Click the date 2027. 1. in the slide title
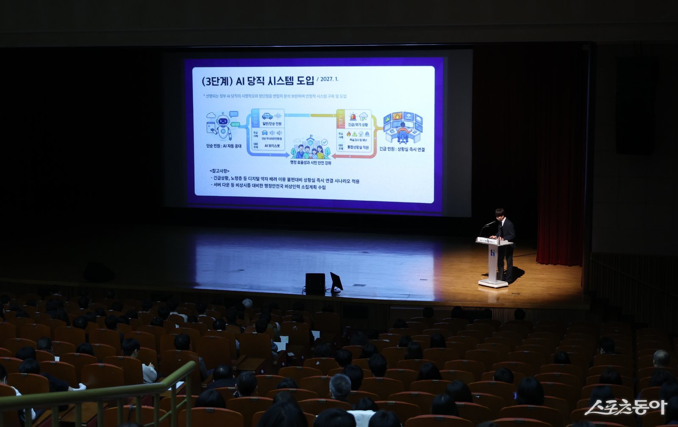(x=329, y=79)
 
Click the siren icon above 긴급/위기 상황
(x=353, y=116)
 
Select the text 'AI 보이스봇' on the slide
(x=272, y=146)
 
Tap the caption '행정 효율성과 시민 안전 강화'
(x=311, y=163)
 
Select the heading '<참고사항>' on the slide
(x=219, y=171)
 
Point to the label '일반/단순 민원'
(x=272, y=124)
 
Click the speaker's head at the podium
(x=500, y=213)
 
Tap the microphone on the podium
(x=490, y=223)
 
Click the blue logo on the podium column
(x=493, y=253)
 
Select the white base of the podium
(x=493, y=283)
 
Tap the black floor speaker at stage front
(x=315, y=282)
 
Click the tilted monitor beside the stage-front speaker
(x=336, y=281)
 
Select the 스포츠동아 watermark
(x=625, y=407)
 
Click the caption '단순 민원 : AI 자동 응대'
(x=224, y=146)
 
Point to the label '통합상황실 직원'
(x=358, y=147)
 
